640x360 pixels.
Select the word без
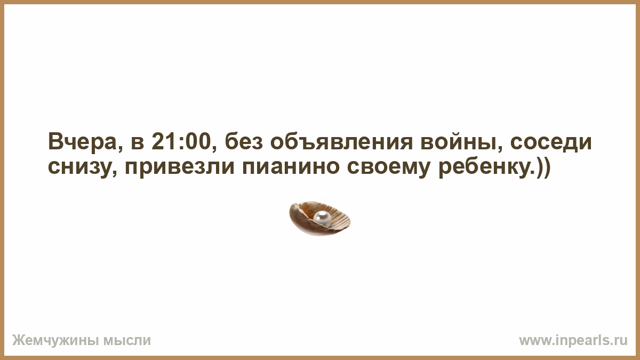(244, 142)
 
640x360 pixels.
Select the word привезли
(180, 167)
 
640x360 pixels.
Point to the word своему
(389, 167)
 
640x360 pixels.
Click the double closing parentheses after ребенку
(542, 167)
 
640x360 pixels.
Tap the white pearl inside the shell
(322, 218)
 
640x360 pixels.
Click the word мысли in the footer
(127, 341)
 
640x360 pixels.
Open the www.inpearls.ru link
(573, 341)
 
